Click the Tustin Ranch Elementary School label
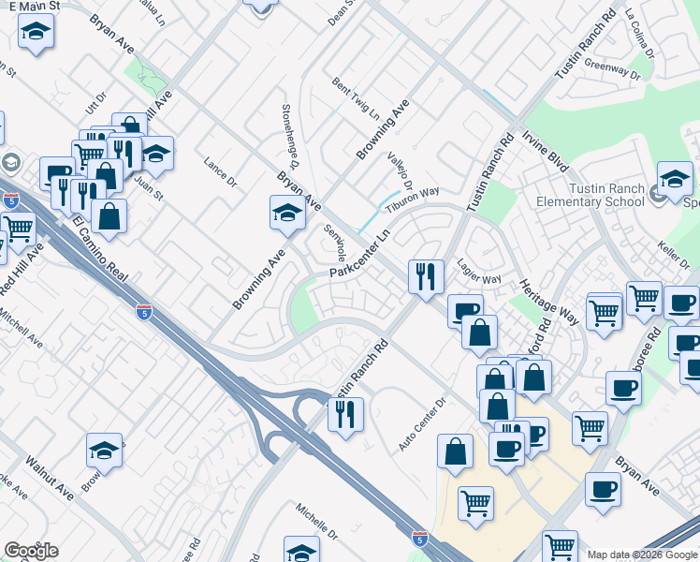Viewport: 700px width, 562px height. [x=591, y=195]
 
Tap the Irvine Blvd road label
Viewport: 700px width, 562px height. [x=546, y=150]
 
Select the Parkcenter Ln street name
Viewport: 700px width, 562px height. [x=357, y=256]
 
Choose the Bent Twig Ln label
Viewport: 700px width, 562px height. [x=356, y=98]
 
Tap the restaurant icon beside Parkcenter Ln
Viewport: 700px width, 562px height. [x=426, y=276]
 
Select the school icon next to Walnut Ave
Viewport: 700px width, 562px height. [x=105, y=450]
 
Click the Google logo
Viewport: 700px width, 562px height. [x=31, y=551]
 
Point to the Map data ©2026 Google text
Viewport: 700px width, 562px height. [x=642, y=555]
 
